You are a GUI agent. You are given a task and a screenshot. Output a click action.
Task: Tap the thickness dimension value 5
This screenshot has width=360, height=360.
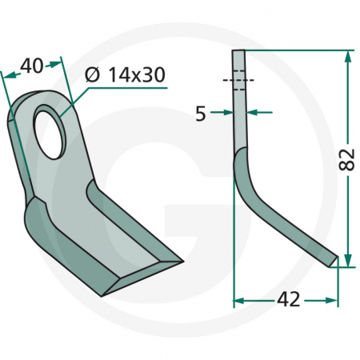[x=200, y=114]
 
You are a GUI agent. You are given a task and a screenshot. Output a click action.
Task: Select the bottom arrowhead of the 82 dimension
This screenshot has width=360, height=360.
[x=347, y=262]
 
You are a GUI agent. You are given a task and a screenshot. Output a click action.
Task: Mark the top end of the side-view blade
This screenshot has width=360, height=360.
[x=238, y=52]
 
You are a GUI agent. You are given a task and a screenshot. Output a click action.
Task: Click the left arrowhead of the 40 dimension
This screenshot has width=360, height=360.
[x=6, y=74]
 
